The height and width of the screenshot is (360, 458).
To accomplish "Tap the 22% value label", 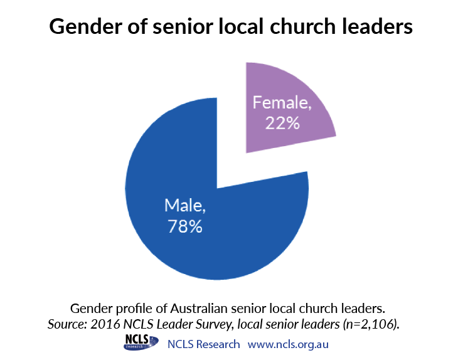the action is [x=282, y=123].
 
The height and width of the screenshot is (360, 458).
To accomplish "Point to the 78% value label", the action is [x=185, y=226].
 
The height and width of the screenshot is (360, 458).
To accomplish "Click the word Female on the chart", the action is [x=282, y=102].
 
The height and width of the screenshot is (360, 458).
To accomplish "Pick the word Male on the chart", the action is [x=185, y=205].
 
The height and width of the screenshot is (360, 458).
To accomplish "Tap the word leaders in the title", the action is [x=377, y=26].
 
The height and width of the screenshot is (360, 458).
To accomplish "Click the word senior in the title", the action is [x=183, y=27].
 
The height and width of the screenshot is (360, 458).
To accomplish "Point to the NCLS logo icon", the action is [x=141, y=342].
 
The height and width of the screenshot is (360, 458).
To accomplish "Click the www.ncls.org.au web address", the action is [x=288, y=344].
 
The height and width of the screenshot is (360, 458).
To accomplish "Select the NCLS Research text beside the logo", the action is [x=203, y=344].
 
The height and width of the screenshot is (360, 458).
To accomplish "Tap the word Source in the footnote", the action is [x=67, y=324].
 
